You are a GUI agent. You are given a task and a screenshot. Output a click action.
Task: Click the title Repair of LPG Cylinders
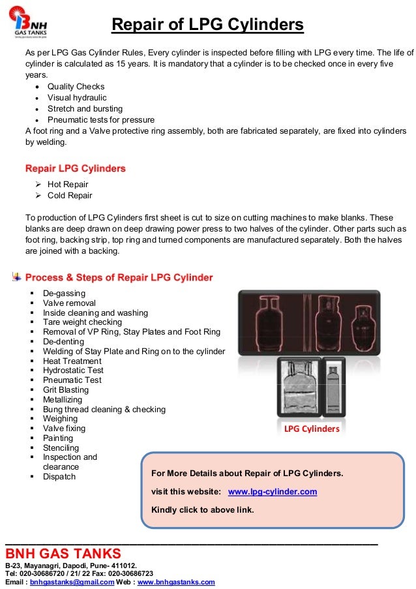click(207, 25)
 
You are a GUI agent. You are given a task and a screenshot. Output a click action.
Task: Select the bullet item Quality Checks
click(76, 87)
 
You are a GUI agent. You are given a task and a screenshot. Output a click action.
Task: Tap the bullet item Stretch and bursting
click(85, 109)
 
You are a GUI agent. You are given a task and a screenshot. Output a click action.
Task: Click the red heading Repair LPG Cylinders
click(75, 168)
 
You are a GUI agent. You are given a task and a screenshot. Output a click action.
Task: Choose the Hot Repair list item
click(68, 185)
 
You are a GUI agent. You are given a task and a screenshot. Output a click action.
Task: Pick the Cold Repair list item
click(70, 196)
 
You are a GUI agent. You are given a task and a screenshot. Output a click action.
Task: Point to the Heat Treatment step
click(72, 361)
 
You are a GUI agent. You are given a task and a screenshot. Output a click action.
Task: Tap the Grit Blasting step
click(66, 390)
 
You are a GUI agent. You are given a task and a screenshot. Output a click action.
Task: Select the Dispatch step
click(59, 477)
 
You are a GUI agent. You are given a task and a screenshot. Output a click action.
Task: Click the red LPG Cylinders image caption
click(312, 429)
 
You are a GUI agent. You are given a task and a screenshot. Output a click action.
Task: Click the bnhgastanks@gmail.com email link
click(72, 582)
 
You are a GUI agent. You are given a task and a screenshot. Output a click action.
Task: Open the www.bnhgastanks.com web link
click(175, 582)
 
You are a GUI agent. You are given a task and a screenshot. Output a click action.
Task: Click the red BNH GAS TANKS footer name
click(63, 554)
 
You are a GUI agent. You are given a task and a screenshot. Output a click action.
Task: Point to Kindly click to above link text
click(202, 509)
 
